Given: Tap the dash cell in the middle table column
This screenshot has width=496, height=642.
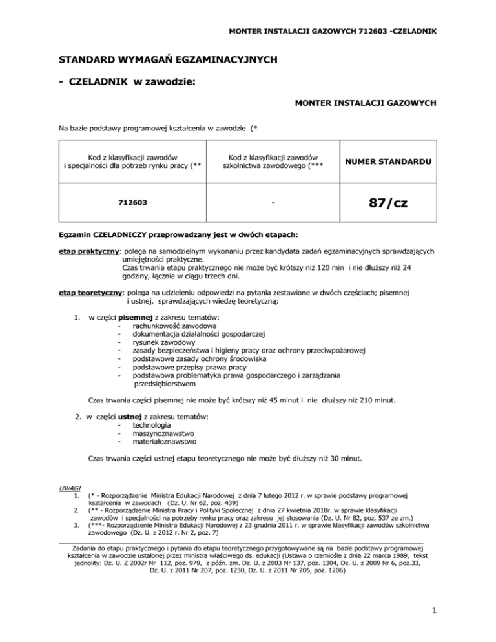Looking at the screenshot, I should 273,202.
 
